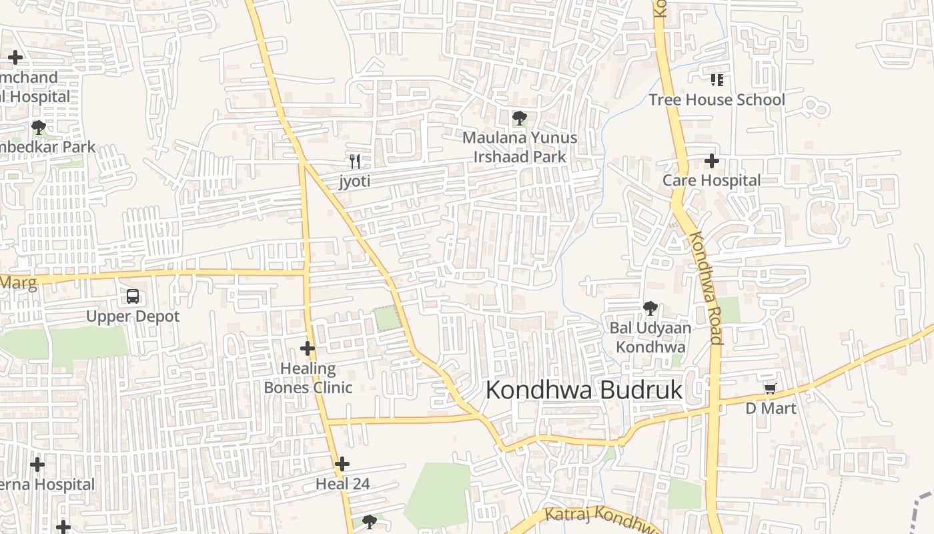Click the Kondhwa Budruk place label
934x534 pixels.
tap(584, 390)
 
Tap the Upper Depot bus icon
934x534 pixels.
tap(133, 296)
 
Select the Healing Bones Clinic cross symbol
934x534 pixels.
tap(308, 348)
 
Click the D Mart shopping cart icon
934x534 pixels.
tap(770, 388)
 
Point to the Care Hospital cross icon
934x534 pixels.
tap(712, 161)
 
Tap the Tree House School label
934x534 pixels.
tap(717, 100)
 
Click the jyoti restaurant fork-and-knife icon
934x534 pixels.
tap(355, 161)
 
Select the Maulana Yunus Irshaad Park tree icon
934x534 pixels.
tap(519, 119)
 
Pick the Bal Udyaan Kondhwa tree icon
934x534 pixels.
tap(650, 308)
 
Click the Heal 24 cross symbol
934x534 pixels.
tap(342, 463)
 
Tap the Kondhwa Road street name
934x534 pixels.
tap(705, 288)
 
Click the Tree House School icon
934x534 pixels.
tap(717, 80)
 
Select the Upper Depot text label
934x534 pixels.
tap(133, 316)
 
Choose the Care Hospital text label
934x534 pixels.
tap(711, 181)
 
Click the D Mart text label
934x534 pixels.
tap(771, 408)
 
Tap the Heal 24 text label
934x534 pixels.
tap(342, 484)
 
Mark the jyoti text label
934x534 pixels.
tap(355, 181)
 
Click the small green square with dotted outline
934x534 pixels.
tap(388, 318)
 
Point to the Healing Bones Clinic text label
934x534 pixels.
tap(308, 378)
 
